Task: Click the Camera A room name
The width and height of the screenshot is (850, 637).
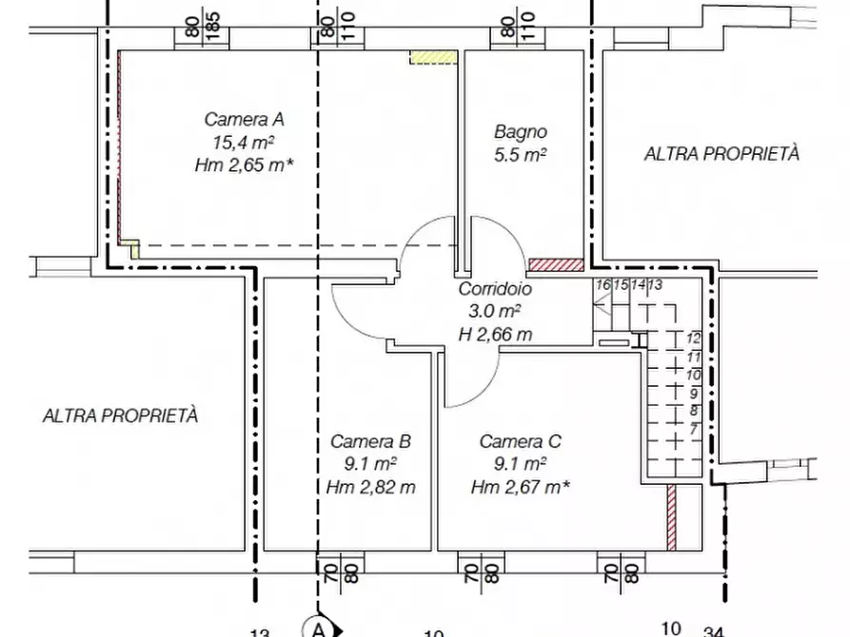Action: pos(244,119)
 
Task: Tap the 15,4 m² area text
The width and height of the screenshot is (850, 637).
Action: pos(244,143)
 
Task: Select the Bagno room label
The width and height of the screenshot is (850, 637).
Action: pos(521,131)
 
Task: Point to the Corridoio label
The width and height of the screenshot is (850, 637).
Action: pos(495,289)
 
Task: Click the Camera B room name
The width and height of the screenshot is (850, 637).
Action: pos(371,441)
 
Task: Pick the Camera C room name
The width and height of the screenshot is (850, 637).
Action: pos(521,441)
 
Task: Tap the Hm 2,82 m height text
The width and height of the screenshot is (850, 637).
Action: pos(371,488)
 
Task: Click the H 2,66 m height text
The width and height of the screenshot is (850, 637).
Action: pos(496,335)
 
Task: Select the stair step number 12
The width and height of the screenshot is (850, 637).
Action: pos(693,338)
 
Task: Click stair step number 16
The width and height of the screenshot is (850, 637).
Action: pos(603,284)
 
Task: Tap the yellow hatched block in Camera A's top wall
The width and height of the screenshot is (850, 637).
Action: pos(433,57)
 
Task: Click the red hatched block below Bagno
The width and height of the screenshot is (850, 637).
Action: pos(556,265)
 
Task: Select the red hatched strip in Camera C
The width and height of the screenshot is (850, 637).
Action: pos(672,517)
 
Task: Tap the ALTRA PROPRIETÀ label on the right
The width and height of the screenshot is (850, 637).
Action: pos(722,154)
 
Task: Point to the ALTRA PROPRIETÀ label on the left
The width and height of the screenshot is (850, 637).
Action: pos(120,416)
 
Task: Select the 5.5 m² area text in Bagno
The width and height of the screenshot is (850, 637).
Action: pos(520,155)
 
